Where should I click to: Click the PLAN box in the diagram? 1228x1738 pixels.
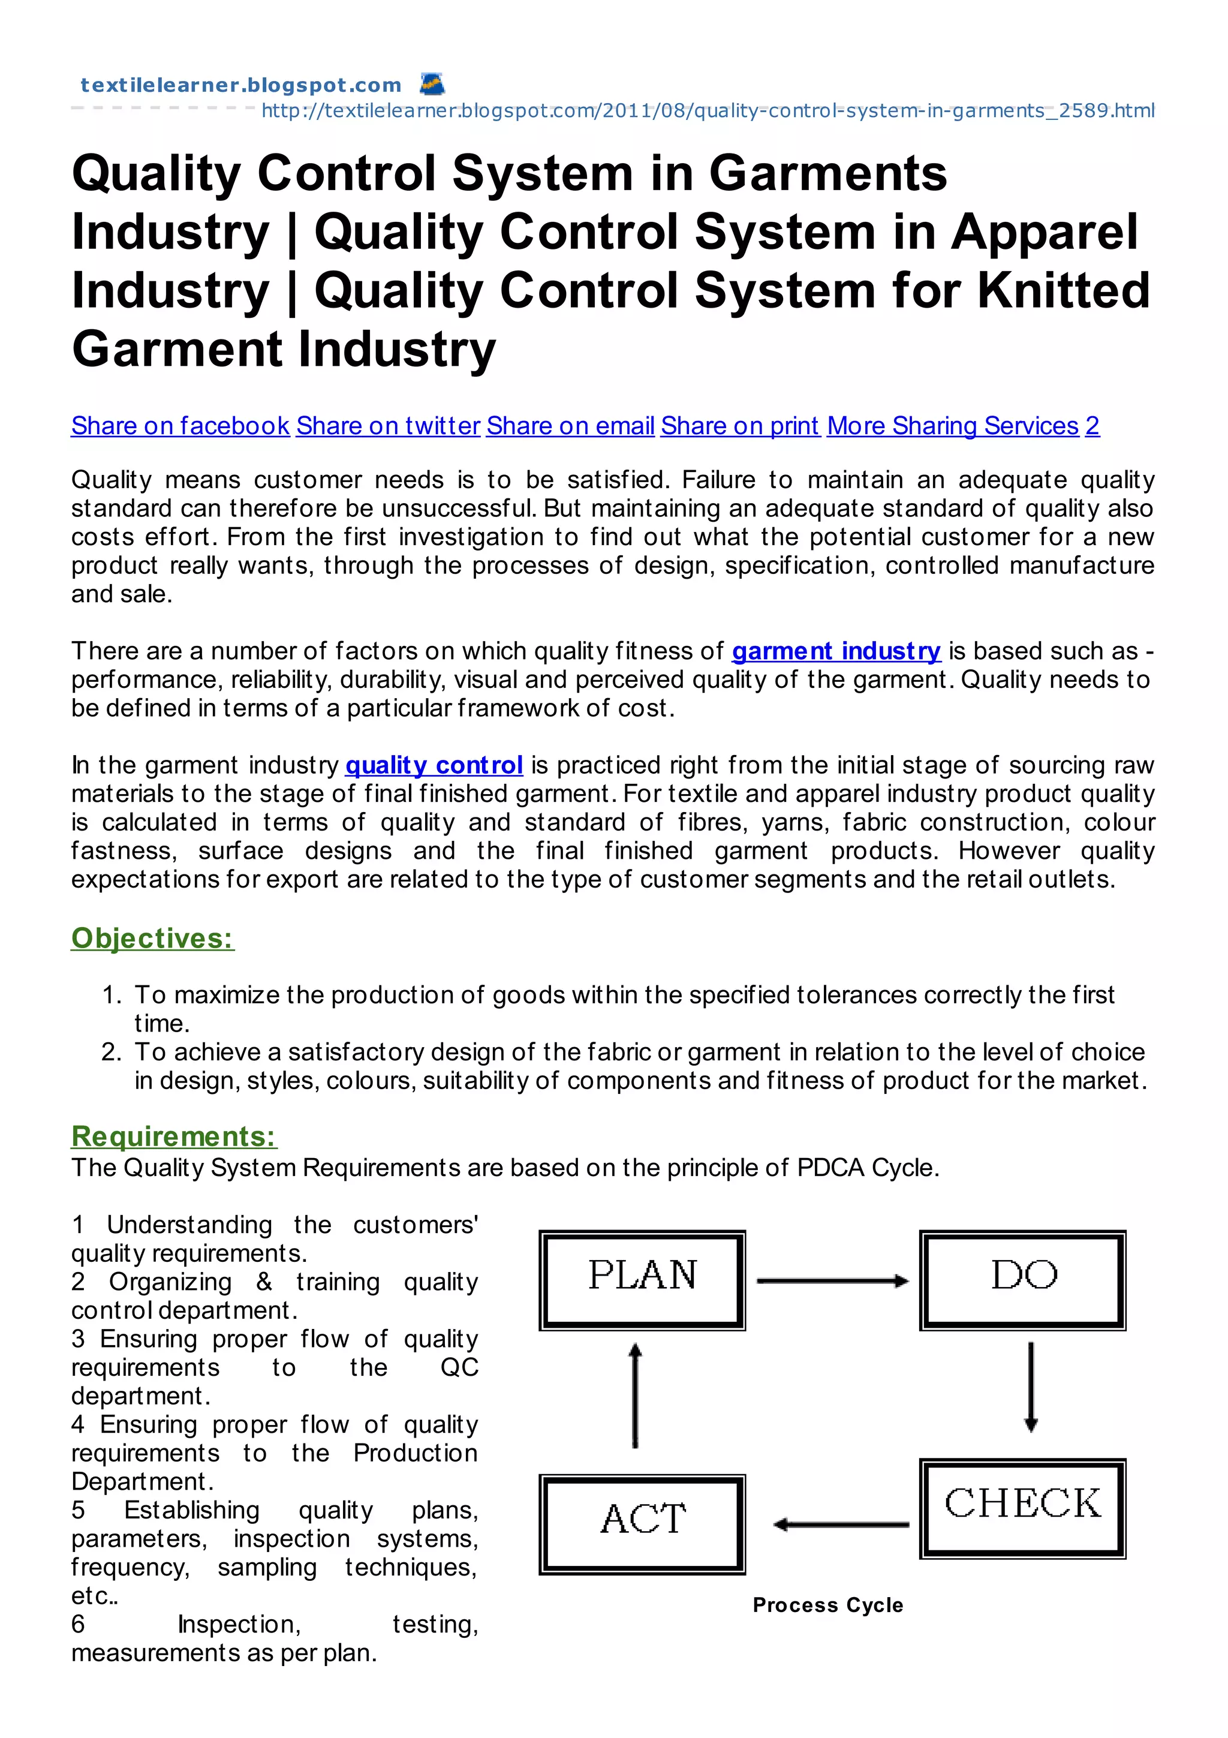pyautogui.click(x=642, y=1280)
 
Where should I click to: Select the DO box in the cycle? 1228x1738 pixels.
pyautogui.click(x=1022, y=1280)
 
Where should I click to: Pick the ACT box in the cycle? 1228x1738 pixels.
pyautogui.click(x=642, y=1524)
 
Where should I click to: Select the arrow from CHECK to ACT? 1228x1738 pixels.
pyautogui.click(x=841, y=1524)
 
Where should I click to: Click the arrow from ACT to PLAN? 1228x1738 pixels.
pyautogui.click(x=636, y=1395)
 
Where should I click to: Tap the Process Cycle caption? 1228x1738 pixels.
pyautogui.click(x=827, y=1605)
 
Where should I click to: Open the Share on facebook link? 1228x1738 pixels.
pyautogui.click(x=180, y=426)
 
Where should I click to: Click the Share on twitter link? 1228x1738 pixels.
pyautogui.click(x=387, y=426)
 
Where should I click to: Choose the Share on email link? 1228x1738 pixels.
pyautogui.click(x=570, y=426)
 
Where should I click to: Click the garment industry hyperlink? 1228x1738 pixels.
pyautogui.click(x=836, y=651)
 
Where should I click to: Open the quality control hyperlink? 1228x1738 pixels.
pyautogui.click(x=434, y=765)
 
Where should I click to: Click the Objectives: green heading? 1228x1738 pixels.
pyautogui.click(x=152, y=938)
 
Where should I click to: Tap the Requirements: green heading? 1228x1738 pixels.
pyautogui.click(x=174, y=1136)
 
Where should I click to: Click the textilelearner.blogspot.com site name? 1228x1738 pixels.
pyautogui.click(x=240, y=85)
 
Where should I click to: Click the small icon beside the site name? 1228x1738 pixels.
pyautogui.click(x=432, y=83)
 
